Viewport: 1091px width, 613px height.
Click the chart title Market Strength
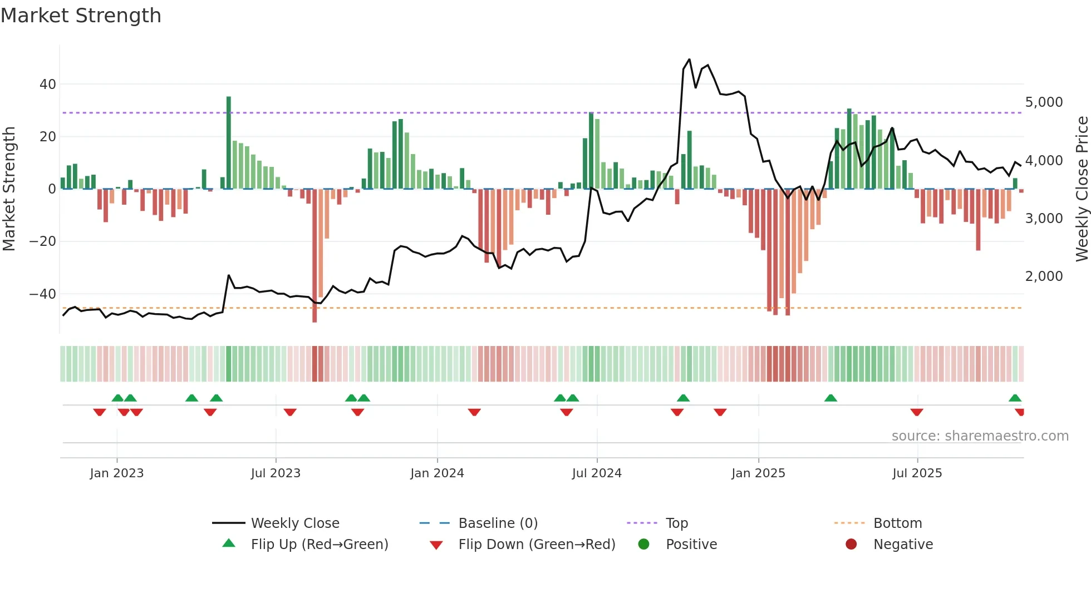pos(81,16)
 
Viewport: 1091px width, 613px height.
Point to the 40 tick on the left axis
pos(48,85)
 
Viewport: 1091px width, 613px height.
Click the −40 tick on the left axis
pos(43,294)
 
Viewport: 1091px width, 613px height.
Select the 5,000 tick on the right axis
pos(1044,102)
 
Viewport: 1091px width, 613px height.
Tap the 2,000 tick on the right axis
pos(1044,276)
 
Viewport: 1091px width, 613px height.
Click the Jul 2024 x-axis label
pos(597,473)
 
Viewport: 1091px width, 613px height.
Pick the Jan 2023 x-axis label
pos(117,473)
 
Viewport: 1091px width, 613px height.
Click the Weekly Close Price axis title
pos(1082,189)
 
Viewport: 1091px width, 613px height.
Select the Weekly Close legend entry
pos(294,523)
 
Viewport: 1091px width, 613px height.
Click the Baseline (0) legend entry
pos(498,523)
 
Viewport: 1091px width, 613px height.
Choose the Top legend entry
pos(676,523)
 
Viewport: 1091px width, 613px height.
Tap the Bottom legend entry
pos(897,523)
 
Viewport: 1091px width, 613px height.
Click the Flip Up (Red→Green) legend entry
pos(319,545)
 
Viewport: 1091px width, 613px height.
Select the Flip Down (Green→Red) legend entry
pos(537,545)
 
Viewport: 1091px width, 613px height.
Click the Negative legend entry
pos(902,545)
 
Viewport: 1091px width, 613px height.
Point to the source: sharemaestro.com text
pos(980,436)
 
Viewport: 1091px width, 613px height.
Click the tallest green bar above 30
pos(229,142)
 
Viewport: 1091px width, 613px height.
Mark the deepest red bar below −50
pos(314,256)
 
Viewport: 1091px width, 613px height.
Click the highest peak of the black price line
pos(689,60)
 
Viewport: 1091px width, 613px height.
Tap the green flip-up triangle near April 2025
pos(830,398)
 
